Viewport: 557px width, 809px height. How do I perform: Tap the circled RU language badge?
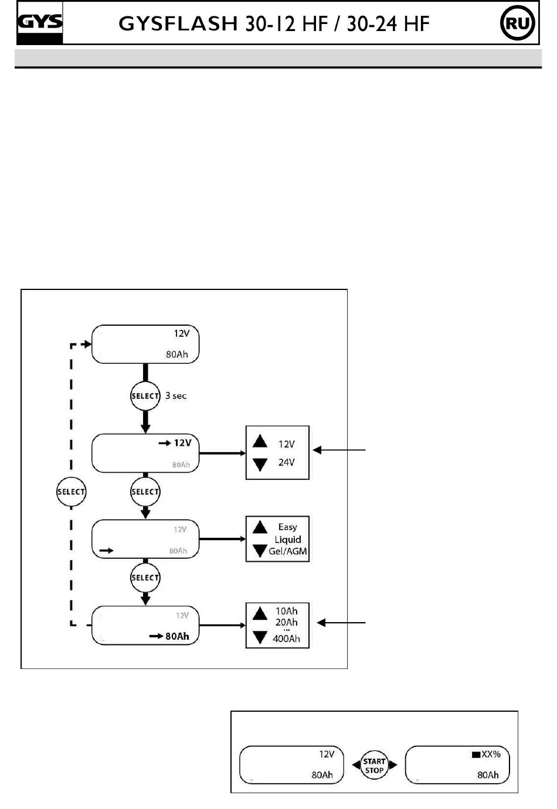pos(518,24)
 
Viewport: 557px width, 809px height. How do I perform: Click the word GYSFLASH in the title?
pos(178,24)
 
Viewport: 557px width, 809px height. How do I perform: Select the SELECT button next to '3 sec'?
pos(145,396)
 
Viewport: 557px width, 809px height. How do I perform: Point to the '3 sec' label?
pos(176,396)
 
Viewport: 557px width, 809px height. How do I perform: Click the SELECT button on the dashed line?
pos(71,492)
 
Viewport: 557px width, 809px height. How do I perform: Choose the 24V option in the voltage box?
pos(286,462)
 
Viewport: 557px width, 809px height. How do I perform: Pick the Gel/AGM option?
pos(287,551)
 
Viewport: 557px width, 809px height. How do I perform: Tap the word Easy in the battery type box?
pos(287,527)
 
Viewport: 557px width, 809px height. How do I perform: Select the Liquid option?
pos(287,539)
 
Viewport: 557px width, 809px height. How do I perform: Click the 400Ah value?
pos(286,639)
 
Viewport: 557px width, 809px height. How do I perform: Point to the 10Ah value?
pos(286,612)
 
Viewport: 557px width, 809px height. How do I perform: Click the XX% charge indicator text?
pos(491,754)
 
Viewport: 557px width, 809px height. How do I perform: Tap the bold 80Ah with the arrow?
pos(177,636)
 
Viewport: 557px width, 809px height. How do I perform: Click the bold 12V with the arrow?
pos(182,443)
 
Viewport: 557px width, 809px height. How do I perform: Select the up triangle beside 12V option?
pos(260,441)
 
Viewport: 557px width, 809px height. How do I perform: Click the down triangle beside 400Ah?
pos(260,637)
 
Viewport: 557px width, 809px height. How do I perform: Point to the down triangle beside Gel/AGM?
pos(260,551)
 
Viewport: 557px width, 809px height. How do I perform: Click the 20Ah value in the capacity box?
pos(286,622)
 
